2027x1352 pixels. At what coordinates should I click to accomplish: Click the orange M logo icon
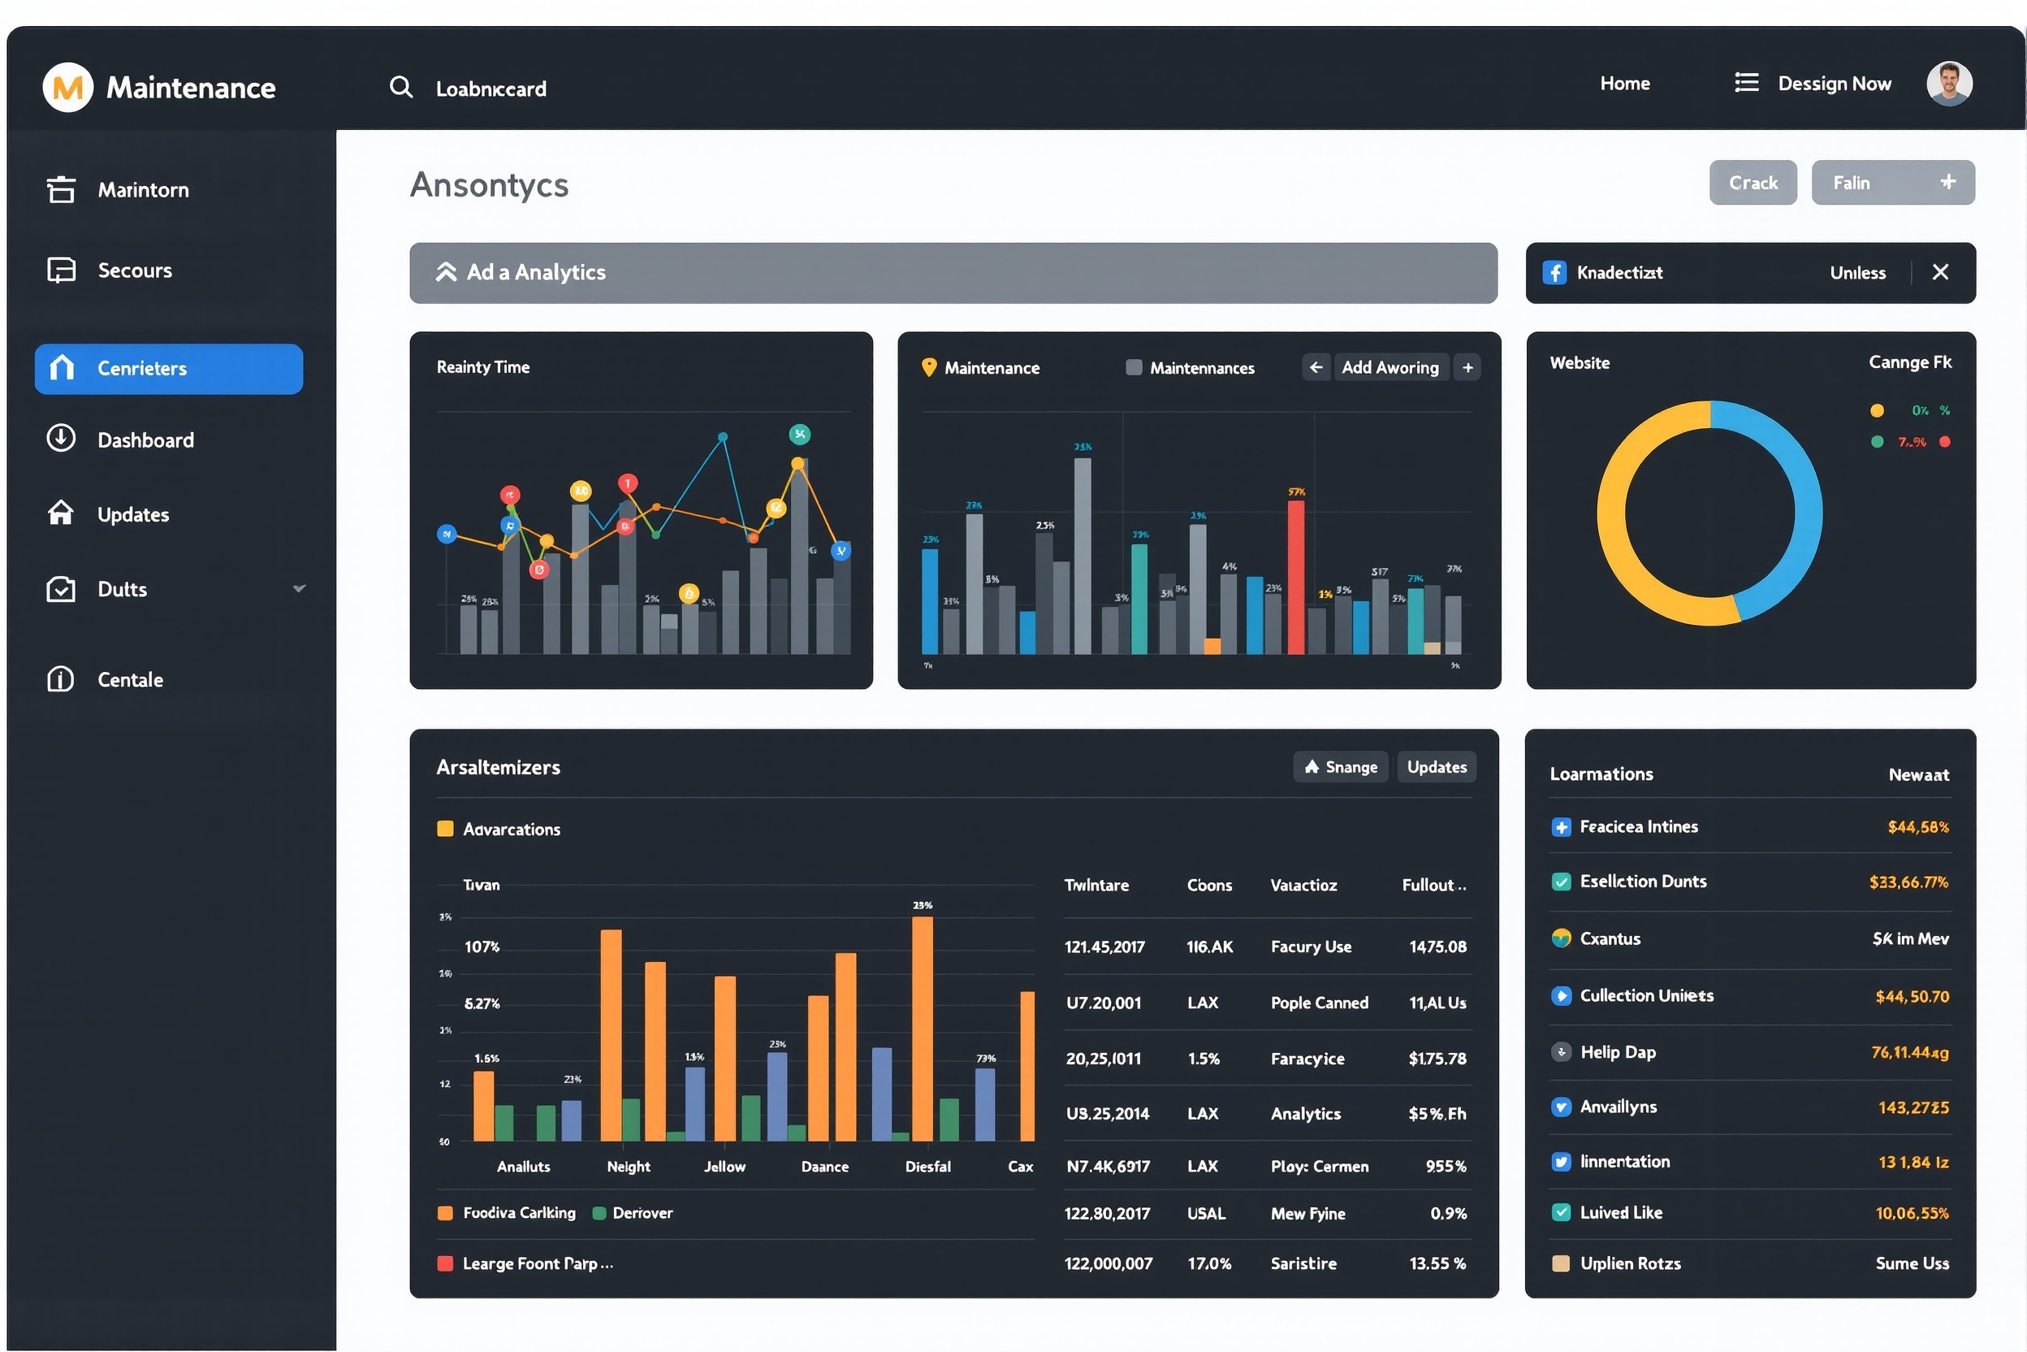(x=67, y=87)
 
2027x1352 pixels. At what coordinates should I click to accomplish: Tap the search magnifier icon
(x=400, y=87)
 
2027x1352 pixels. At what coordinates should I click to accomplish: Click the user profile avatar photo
(x=1948, y=84)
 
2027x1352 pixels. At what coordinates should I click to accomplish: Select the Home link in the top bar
(x=1624, y=84)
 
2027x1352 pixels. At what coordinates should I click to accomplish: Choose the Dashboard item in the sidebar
(x=145, y=440)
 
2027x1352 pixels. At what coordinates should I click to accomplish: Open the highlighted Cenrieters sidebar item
(x=169, y=369)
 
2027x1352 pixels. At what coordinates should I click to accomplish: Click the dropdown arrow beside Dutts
(x=299, y=589)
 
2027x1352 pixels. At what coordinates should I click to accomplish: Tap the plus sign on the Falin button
(x=1947, y=182)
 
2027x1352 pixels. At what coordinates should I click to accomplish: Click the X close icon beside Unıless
(x=1940, y=272)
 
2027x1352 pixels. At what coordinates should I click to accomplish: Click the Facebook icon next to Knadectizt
(x=1554, y=272)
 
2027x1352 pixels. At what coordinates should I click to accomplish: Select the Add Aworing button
(x=1390, y=367)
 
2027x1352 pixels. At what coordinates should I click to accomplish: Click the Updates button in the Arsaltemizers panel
(x=1436, y=766)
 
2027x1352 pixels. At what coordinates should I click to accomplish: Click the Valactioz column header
(x=1303, y=885)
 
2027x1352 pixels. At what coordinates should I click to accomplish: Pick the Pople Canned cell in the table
(x=1319, y=1003)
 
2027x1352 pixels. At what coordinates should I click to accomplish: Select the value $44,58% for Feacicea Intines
(x=1917, y=827)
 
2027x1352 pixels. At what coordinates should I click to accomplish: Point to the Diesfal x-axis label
(x=927, y=1167)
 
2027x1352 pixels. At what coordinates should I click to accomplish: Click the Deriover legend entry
(x=642, y=1213)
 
